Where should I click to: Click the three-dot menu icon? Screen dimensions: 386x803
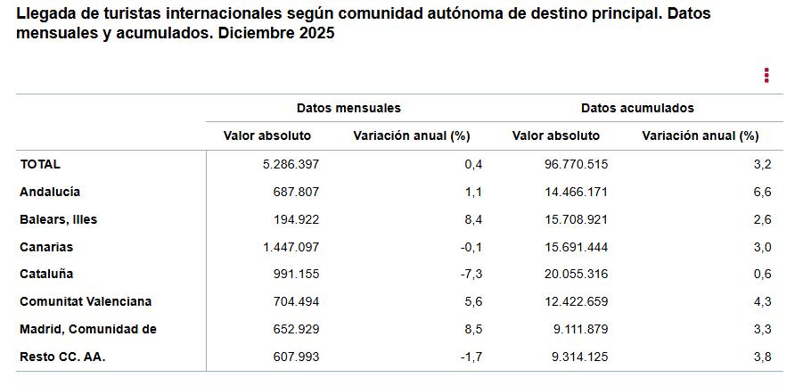coord(766,76)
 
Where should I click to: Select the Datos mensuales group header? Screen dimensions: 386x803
coord(348,108)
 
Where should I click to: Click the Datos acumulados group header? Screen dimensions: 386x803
coord(637,108)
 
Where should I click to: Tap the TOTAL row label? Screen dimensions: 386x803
coord(40,164)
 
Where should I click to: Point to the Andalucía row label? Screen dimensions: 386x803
coord(50,192)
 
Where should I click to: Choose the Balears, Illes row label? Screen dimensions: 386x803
coord(59,219)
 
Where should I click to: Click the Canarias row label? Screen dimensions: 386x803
coord(46,247)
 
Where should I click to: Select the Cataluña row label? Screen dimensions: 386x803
coord(46,275)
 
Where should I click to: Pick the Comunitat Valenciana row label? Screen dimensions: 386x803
coord(86,302)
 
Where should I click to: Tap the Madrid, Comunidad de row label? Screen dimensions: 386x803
coord(88,329)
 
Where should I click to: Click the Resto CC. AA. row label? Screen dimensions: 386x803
coord(62,357)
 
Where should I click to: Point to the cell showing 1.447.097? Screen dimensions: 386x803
coord(284,247)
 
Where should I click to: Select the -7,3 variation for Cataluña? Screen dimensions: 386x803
coord(471,275)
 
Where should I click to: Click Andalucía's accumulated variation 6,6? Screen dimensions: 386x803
coord(762,192)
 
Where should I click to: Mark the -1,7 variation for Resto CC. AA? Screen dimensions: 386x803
coord(472,357)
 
